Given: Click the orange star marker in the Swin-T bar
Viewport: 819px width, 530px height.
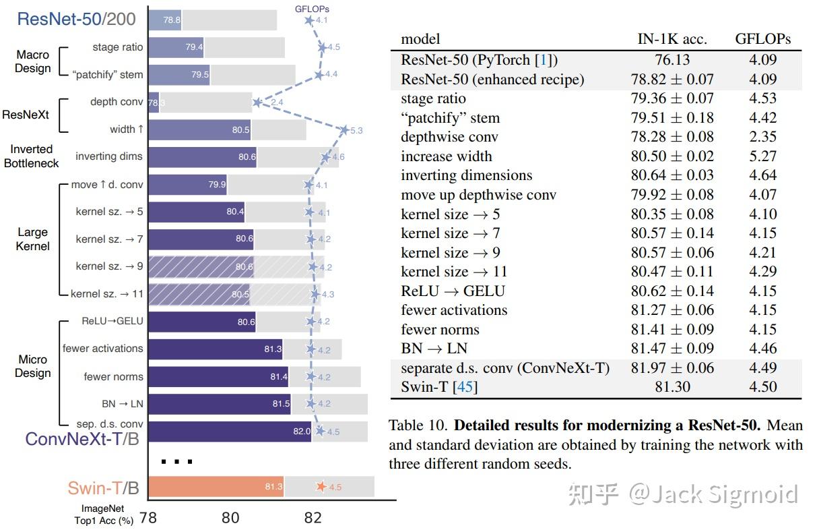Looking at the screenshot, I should pos(321,486).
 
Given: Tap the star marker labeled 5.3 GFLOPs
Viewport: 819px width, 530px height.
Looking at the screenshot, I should pos(344,129).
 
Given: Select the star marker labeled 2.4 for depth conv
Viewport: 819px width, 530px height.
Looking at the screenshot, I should pos(257,102).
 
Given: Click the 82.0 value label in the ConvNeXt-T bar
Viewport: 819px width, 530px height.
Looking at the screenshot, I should pos(301,432).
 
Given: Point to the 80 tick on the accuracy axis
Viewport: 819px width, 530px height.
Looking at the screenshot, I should pos(230,518).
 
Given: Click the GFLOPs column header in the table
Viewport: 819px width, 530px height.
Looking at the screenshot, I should pos(762,39).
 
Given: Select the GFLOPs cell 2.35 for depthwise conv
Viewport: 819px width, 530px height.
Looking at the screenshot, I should pos(762,137).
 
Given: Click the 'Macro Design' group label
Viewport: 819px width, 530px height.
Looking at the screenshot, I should pos(33,61).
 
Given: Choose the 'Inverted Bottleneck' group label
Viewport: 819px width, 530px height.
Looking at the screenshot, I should pos(32,156).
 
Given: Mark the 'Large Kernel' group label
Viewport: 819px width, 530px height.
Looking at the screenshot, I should pos(33,239).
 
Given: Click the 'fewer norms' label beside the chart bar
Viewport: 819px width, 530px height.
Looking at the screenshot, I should pos(113,376).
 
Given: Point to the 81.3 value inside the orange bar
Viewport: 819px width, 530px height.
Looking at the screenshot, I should pos(273,487).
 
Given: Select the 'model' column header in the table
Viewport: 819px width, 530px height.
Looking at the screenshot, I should pos(420,39).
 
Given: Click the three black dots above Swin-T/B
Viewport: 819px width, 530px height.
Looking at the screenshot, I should pos(177,462).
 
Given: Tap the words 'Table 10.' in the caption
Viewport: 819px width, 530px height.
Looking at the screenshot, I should pos(418,426).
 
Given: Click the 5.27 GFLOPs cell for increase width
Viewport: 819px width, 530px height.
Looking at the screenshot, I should pos(762,156).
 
